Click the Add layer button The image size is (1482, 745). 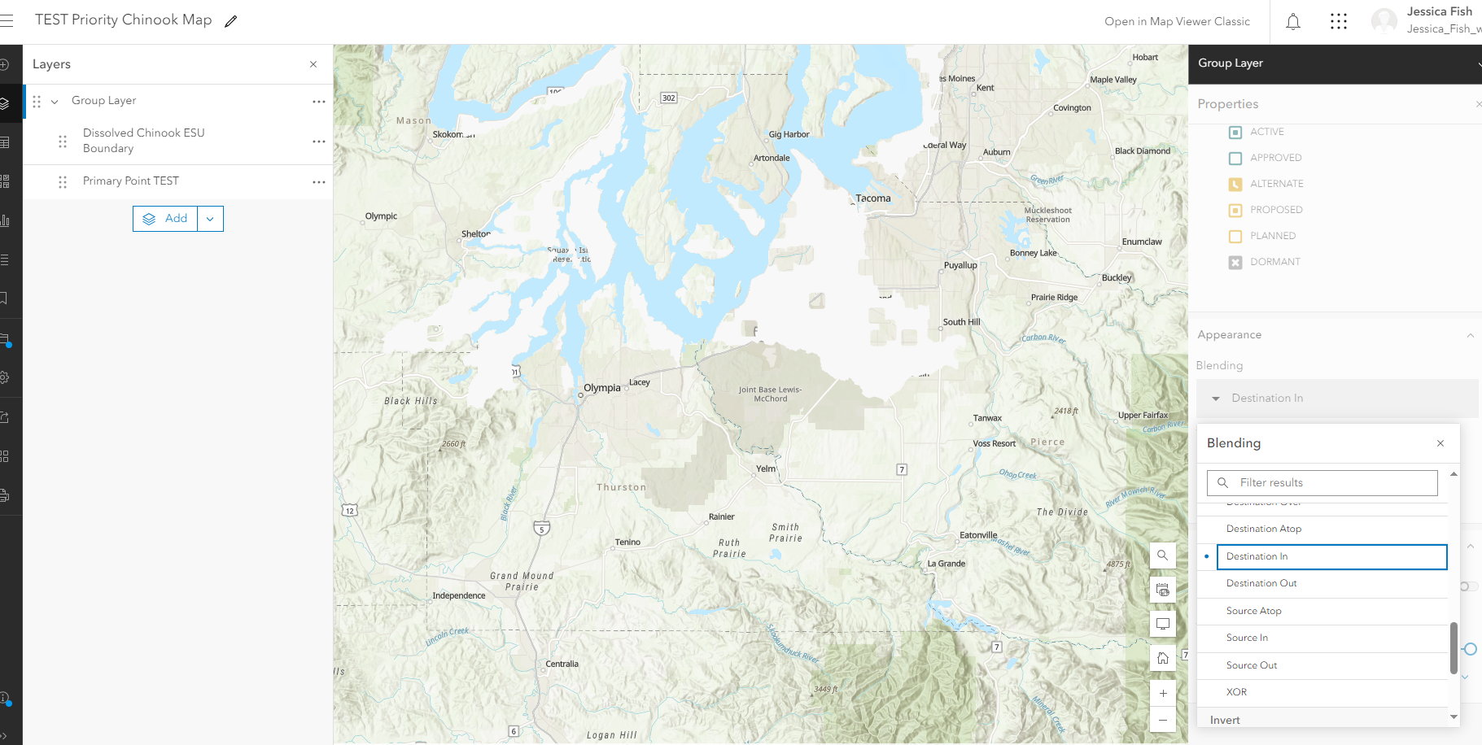point(166,219)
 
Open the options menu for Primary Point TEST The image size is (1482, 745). point(318,182)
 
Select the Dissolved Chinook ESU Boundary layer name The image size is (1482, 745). point(143,141)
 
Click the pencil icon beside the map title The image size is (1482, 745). point(231,22)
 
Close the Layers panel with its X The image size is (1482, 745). point(313,64)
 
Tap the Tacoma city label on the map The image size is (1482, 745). point(872,198)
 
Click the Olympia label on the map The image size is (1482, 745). point(602,388)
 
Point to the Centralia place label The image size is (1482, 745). point(562,664)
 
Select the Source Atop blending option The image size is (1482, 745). point(1253,611)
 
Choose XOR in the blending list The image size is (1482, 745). point(1236,692)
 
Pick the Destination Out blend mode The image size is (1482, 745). point(1261,583)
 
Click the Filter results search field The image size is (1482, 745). point(1322,483)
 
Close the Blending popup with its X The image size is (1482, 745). point(1440,443)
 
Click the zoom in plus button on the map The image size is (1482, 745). point(1163,694)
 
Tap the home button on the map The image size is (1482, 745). point(1163,658)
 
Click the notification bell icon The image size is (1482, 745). point(1293,22)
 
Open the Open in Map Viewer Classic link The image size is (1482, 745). point(1177,22)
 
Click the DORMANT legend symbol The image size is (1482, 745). point(1235,263)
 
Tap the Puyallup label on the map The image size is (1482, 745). point(960,265)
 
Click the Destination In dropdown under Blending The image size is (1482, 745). point(1337,399)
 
